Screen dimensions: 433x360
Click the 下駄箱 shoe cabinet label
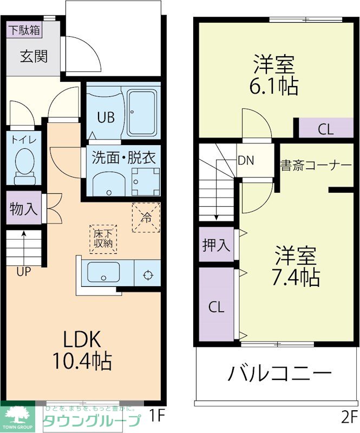click(x=24, y=30)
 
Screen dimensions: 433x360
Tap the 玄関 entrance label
click(x=34, y=56)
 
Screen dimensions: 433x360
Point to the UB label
click(x=106, y=117)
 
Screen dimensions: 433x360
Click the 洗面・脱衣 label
click(x=123, y=158)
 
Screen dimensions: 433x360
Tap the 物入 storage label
click(x=24, y=209)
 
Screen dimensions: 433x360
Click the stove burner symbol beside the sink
click(x=148, y=274)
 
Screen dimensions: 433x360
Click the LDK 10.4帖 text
click(x=81, y=349)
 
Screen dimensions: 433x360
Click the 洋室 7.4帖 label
click(x=296, y=266)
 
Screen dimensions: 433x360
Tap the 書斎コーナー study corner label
click(x=316, y=165)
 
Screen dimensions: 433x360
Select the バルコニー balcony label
click(x=279, y=373)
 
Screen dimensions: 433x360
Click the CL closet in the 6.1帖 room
click(x=325, y=129)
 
